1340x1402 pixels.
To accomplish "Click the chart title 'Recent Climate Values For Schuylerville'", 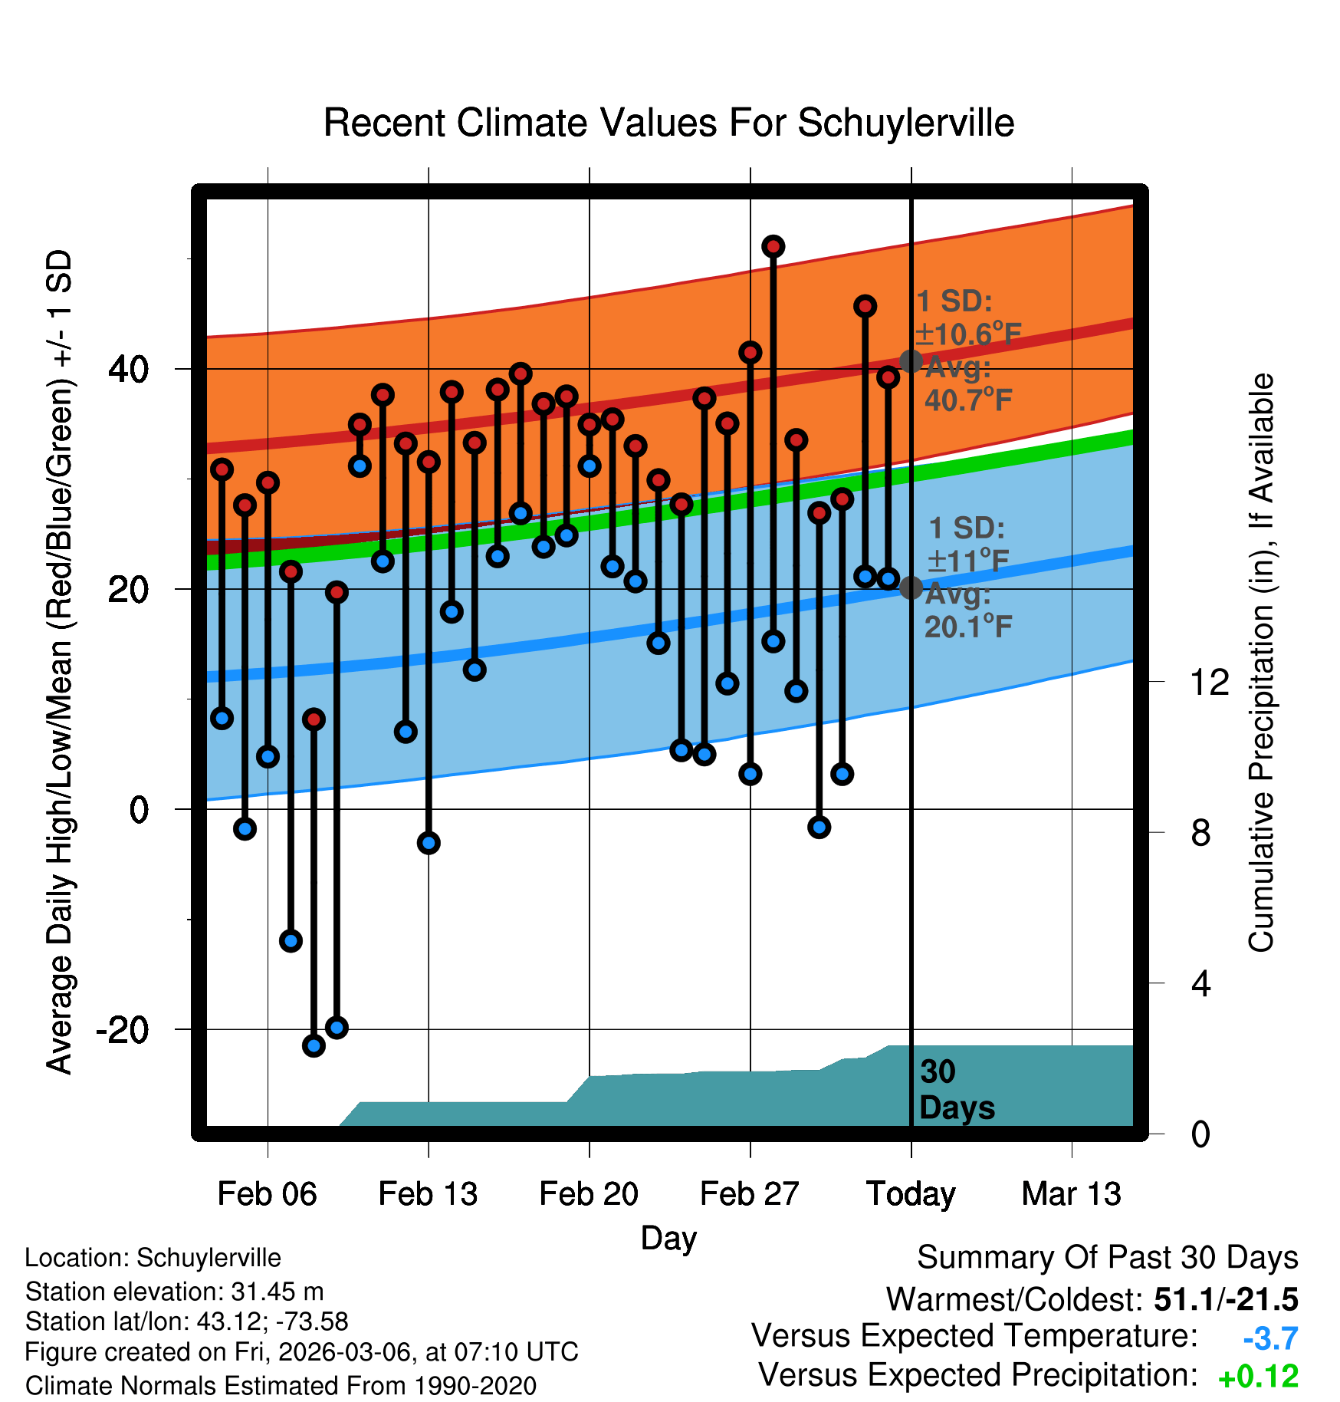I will tap(668, 123).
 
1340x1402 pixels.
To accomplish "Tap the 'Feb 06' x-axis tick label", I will tap(267, 1193).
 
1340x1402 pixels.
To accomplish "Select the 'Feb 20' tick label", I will tap(589, 1193).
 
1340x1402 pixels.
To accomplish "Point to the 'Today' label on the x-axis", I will tap(911, 1193).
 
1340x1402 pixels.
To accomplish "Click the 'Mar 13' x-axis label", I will tap(1071, 1193).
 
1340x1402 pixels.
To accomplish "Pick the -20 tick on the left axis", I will tap(122, 1029).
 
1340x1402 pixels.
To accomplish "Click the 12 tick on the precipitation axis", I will tap(1210, 682).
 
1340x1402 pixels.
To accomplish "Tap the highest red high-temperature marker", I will tap(773, 246).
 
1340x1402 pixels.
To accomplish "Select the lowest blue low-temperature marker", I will tap(314, 1045).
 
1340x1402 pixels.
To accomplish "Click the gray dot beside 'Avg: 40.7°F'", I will tap(911, 360).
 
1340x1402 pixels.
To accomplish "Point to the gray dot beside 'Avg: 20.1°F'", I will tap(911, 587).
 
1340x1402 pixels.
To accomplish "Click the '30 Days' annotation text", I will tap(956, 1090).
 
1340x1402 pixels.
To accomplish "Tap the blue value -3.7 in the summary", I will tap(1270, 1338).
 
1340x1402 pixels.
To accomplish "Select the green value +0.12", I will tap(1258, 1377).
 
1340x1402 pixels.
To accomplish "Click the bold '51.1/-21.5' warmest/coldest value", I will tap(1226, 1299).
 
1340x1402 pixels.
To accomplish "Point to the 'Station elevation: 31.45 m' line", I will tap(174, 1292).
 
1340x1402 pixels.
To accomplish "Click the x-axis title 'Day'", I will tap(668, 1238).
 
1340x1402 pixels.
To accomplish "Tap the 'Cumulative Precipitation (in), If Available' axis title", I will tap(1261, 663).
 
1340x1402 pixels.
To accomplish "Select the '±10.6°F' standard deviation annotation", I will tap(968, 334).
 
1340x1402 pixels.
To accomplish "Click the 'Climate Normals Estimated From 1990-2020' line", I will tap(281, 1386).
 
